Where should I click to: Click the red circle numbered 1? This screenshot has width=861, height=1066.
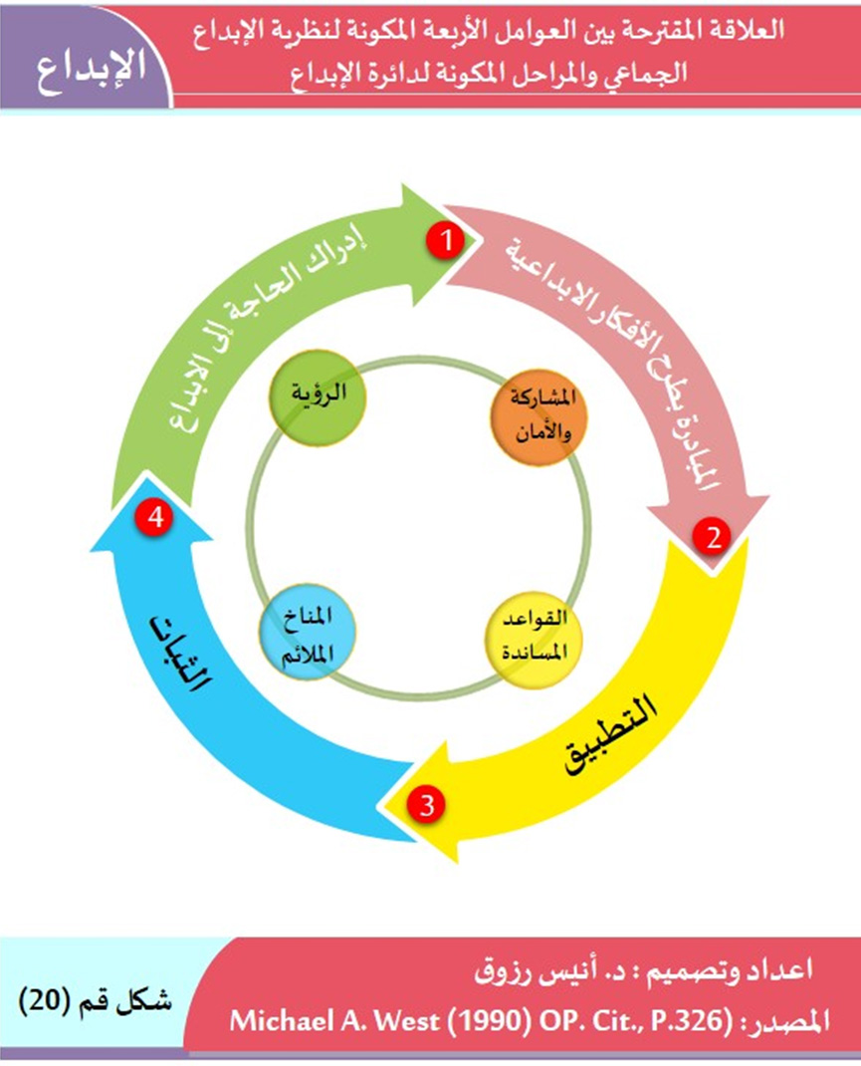tap(446, 240)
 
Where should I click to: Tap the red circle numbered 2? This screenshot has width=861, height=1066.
tap(713, 537)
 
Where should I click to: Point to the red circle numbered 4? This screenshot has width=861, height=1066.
tap(155, 517)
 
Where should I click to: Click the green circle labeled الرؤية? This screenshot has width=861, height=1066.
tap(318, 398)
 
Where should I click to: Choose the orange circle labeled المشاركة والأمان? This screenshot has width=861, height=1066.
tap(539, 416)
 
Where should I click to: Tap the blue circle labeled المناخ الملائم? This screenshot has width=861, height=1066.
tap(307, 631)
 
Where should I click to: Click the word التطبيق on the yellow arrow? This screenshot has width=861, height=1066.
tap(610, 734)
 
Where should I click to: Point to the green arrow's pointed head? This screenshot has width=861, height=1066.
tap(479, 242)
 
